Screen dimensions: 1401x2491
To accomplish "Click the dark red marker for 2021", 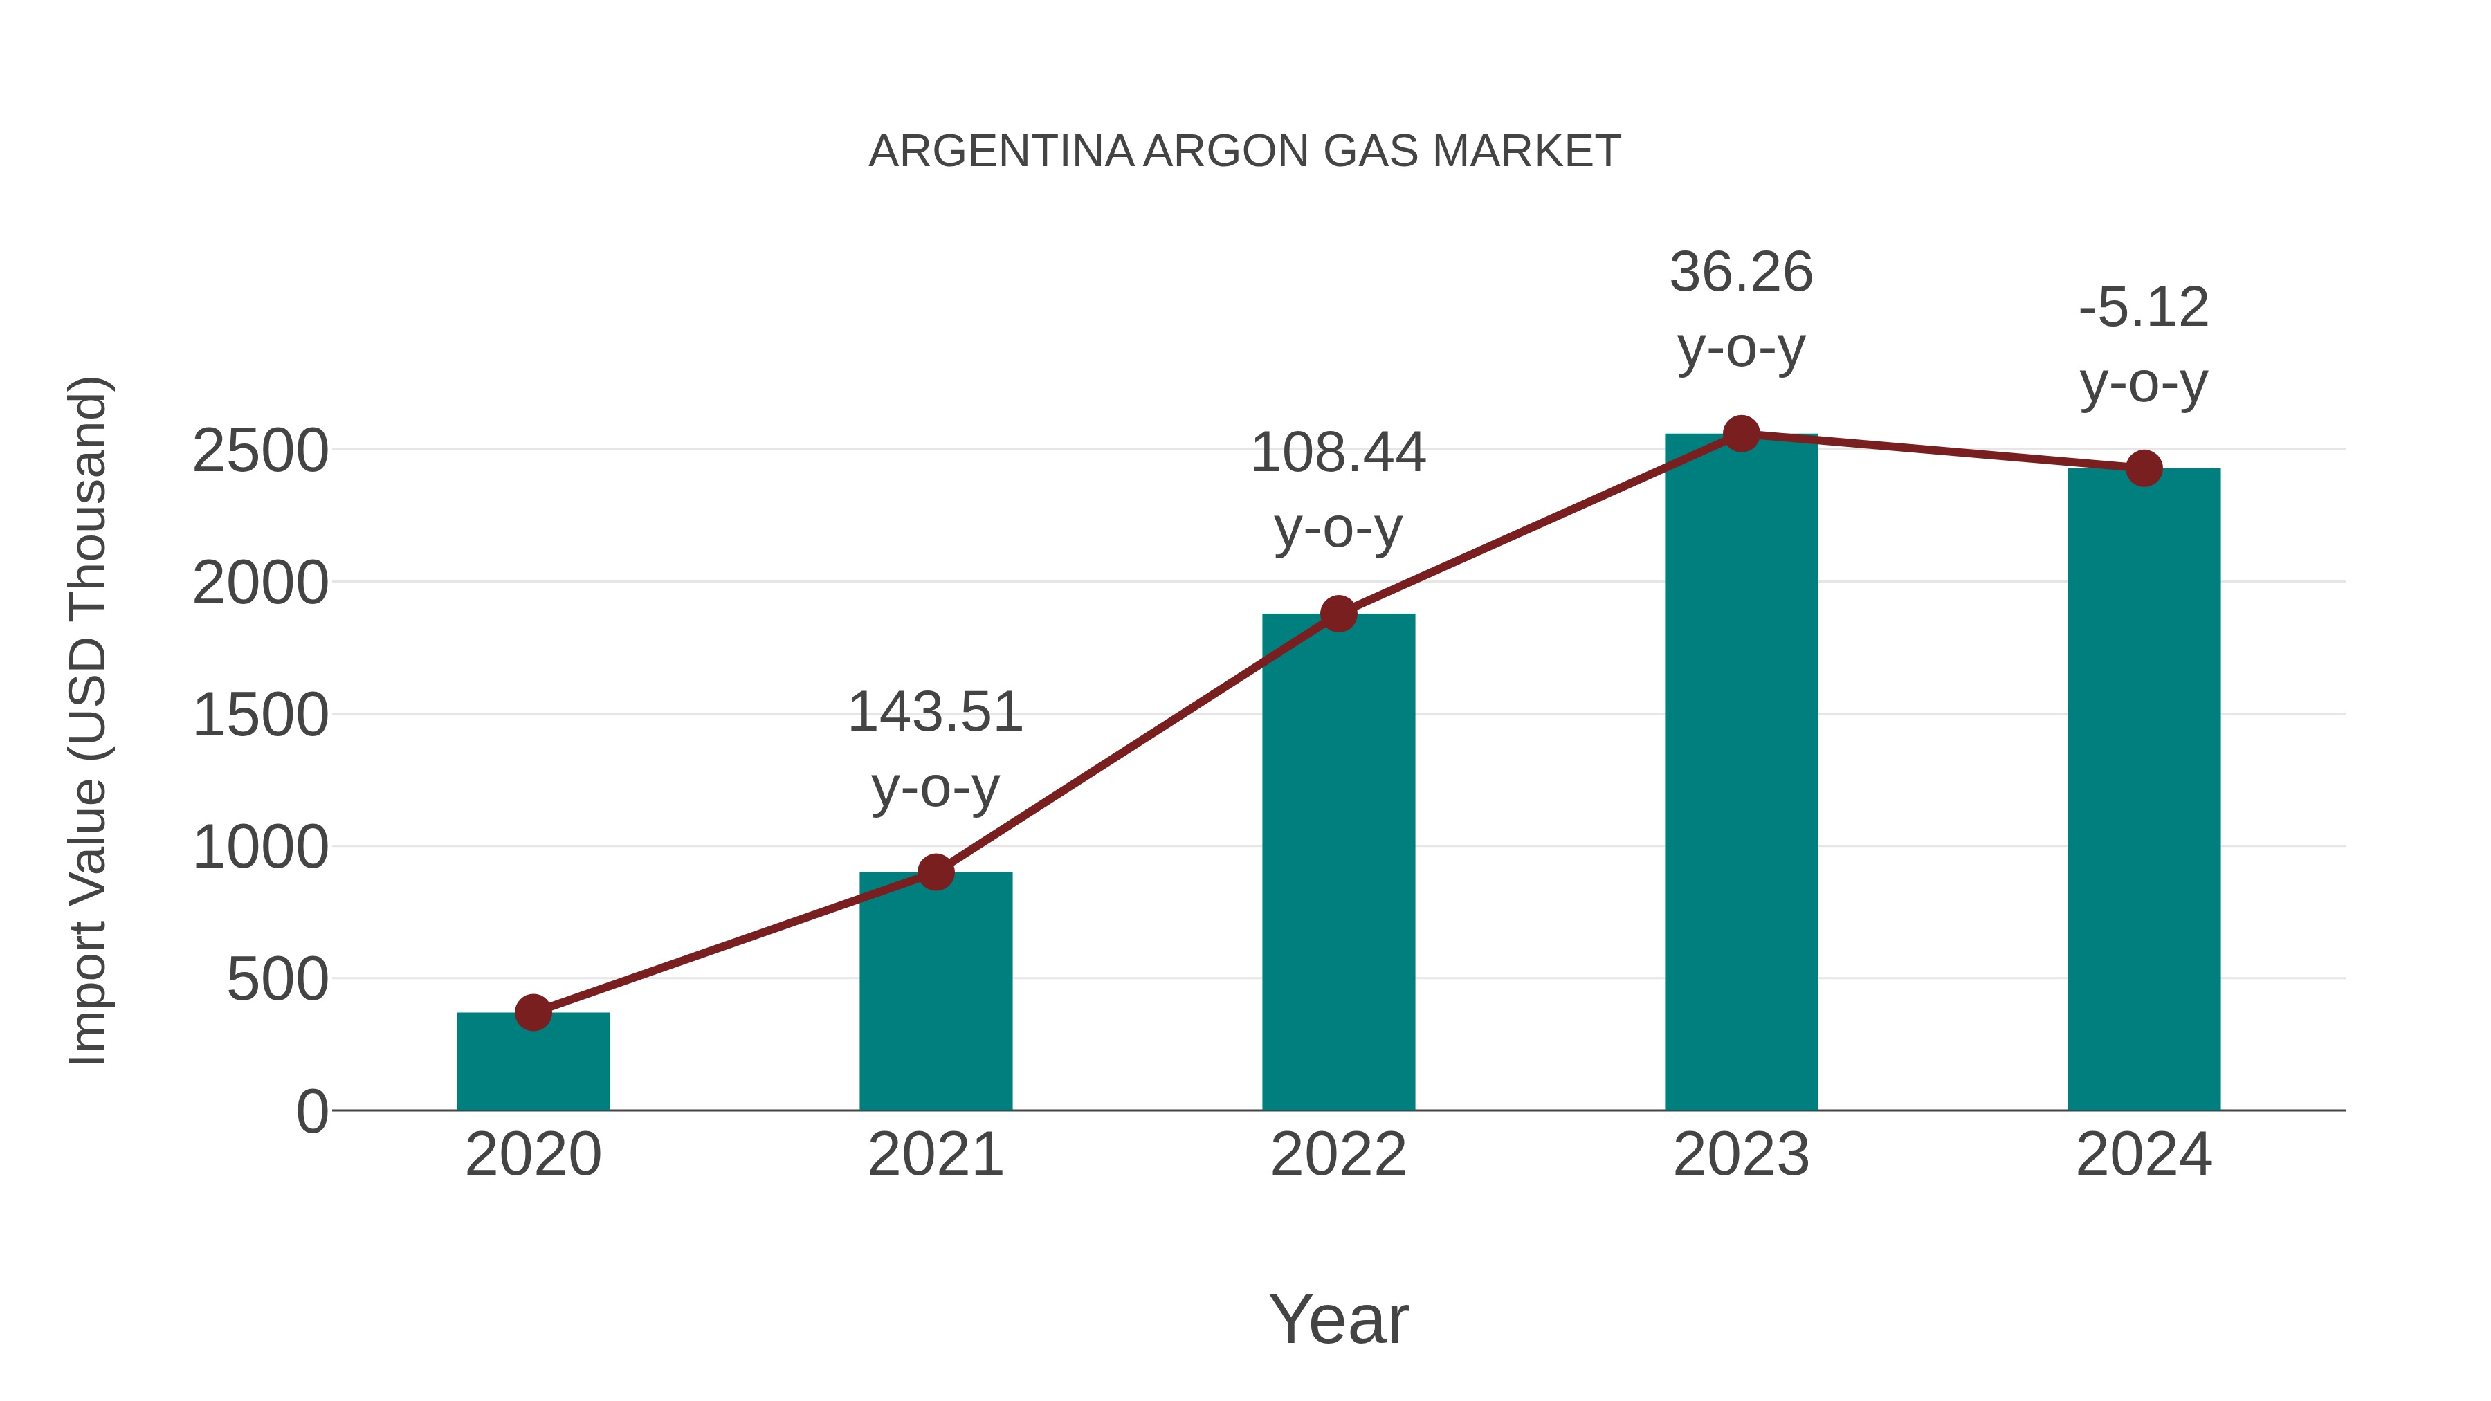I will (x=935, y=872).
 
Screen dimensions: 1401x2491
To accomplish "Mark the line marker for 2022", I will (x=1338, y=613).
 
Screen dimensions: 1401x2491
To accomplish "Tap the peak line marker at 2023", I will (x=1741, y=434).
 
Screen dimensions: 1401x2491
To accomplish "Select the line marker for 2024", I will (x=2144, y=468).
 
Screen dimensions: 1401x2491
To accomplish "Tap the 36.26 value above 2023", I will (x=1741, y=273).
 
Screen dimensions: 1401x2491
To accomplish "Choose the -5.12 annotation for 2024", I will (x=2144, y=309).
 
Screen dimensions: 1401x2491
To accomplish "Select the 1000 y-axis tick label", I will (x=260, y=848).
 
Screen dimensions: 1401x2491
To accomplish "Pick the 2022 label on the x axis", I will (x=1338, y=1155).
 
